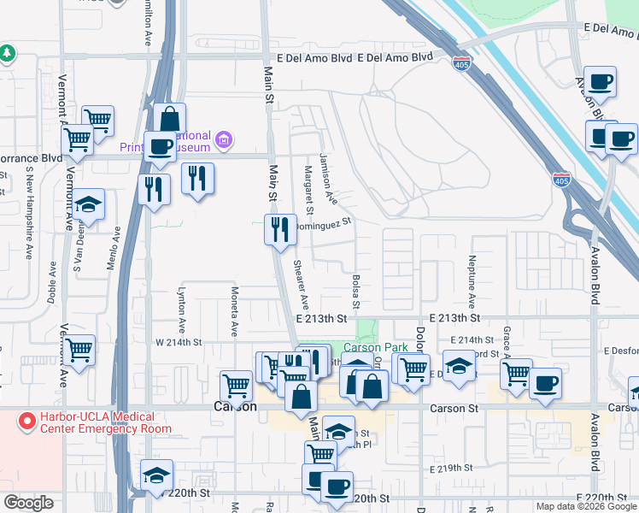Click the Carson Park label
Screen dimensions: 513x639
click(376, 348)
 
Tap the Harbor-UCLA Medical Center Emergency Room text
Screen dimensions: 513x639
click(93, 423)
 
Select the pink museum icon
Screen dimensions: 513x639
click(225, 139)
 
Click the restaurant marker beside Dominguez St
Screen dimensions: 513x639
click(280, 228)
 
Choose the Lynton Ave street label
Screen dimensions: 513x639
click(181, 310)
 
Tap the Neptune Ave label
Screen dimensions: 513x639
click(471, 282)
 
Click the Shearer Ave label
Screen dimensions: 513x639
click(301, 286)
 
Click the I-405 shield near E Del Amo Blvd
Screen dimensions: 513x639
click(461, 62)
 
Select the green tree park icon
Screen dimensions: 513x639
click(7, 53)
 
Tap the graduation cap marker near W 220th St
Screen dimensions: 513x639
click(156, 476)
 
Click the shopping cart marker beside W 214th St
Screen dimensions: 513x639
click(79, 349)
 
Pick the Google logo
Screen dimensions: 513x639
click(28, 503)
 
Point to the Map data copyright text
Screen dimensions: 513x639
click(584, 506)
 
